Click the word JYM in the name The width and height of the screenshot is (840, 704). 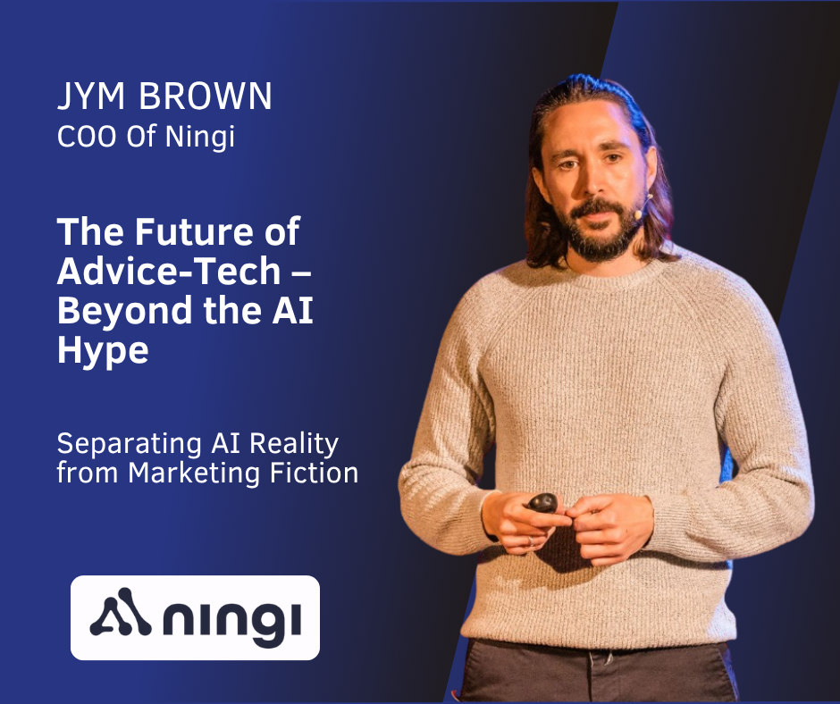click(x=91, y=96)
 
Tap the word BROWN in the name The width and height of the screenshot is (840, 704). click(x=206, y=96)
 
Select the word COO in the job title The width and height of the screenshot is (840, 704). click(x=87, y=136)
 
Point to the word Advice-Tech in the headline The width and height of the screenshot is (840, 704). click(x=169, y=271)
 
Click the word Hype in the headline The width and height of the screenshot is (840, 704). click(x=103, y=351)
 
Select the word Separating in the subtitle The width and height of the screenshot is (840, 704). click(x=129, y=445)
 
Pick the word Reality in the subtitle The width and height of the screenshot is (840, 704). click(x=294, y=445)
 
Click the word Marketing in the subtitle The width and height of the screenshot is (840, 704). click(x=194, y=474)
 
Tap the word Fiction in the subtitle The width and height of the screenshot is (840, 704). click(x=314, y=473)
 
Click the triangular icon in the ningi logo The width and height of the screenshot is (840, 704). click(x=120, y=612)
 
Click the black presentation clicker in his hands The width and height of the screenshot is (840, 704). click(x=542, y=503)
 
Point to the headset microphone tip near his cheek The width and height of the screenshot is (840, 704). click(x=638, y=214)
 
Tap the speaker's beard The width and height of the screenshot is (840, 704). click(x=601, y=236)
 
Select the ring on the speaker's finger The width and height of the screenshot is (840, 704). click(x=531, y=541)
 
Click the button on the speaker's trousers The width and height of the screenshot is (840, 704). click(x=609, y=658)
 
